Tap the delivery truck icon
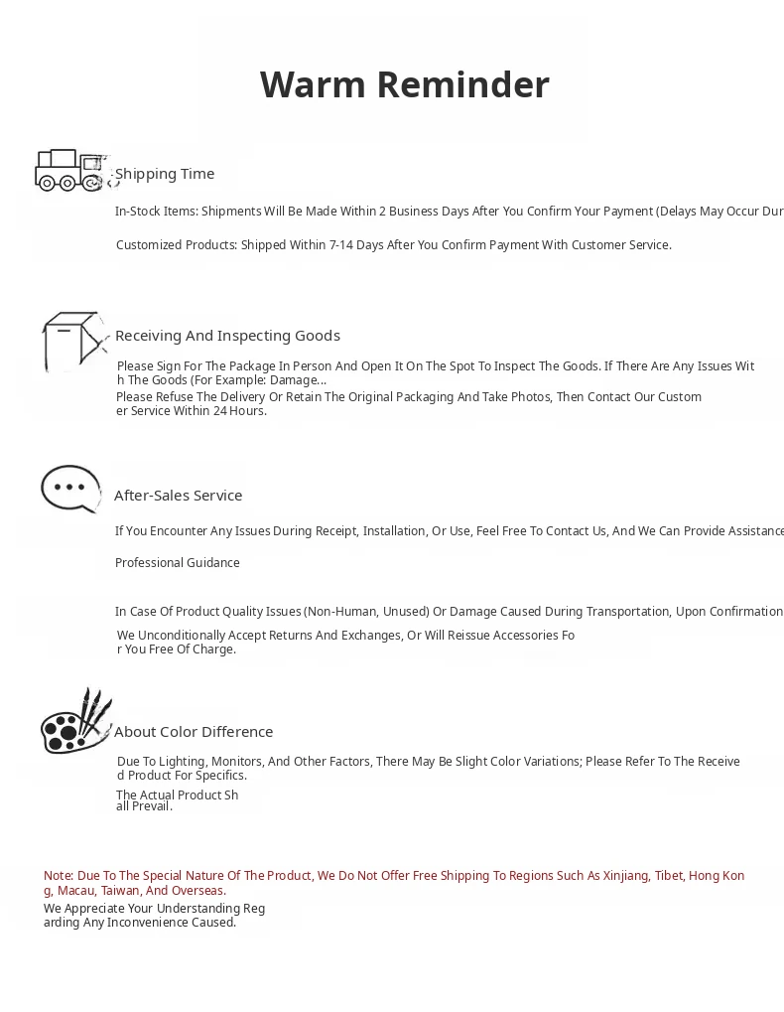tap(69, 170)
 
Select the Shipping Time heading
tap(165, 174)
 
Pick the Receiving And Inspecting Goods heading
tap(227, 336)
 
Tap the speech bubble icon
tap(70, 489)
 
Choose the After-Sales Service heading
tap(178, 496)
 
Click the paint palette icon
tap(75, 722)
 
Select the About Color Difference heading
tap(194, 732)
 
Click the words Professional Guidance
tap(178, 563)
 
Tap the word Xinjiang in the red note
tap(623, 876)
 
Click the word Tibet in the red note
tap(669, 876)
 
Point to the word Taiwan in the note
tap(121, 891)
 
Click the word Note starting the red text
tap(58, 876)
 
